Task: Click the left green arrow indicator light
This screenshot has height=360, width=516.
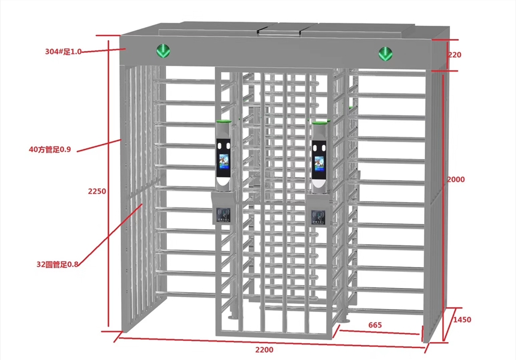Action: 163,52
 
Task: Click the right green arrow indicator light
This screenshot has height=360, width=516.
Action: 385,54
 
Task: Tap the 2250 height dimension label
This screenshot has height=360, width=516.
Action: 97,191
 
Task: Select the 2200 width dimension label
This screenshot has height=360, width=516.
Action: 264,350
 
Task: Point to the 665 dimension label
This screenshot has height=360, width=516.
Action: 375,325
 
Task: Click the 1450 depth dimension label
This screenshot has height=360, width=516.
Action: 461,320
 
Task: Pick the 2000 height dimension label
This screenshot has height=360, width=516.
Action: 456,179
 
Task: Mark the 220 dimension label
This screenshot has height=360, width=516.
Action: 455,55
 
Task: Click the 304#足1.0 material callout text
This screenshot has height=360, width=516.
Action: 63,52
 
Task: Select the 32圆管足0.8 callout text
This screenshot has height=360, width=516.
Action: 58,263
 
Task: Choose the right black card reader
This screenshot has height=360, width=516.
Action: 318,217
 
